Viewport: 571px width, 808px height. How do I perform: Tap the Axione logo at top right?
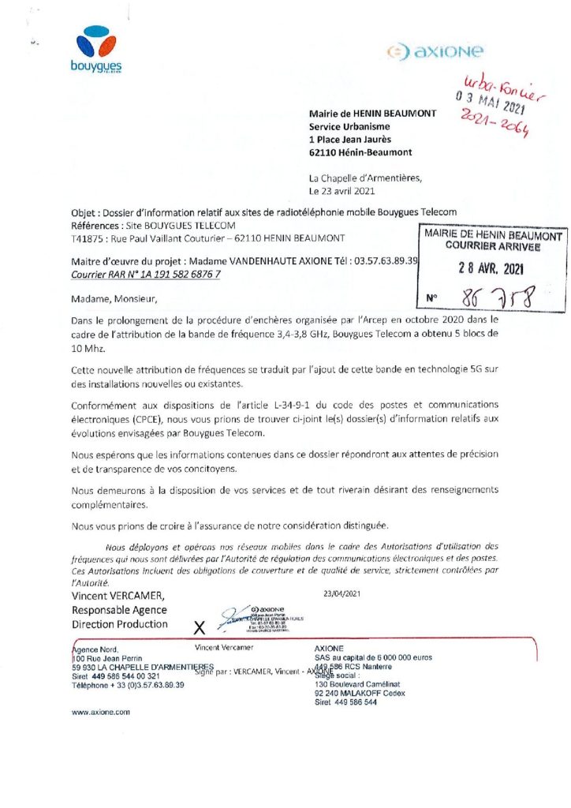pyautogui.click(x=435, y=52)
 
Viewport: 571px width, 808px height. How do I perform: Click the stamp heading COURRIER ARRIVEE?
pyautogui.click(x=493, y=246)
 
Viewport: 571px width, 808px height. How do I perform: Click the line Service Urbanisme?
pyautogui.click(x=349, y=126)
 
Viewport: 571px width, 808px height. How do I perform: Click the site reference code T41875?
pyautogui.click(x=87, y=238)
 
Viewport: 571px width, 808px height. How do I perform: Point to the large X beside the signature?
pyautogui.click(x=200, y=627)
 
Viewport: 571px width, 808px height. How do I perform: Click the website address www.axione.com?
pyautogui.click(x=101, y=711)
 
